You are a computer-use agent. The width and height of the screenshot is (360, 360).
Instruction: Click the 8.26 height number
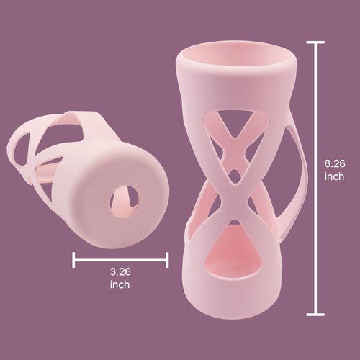coord(335,163)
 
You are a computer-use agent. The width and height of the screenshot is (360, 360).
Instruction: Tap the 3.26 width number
coord(120,272)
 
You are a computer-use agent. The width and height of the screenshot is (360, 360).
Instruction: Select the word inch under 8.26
coord(334,176)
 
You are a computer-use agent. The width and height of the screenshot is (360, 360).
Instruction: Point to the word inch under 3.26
coord(120,284)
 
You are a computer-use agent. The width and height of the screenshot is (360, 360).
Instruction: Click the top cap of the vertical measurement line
coord(315,42)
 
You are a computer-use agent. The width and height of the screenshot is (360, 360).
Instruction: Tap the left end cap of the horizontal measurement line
coord(73,260)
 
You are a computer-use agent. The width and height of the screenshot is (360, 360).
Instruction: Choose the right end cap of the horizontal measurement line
coord(167,260)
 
